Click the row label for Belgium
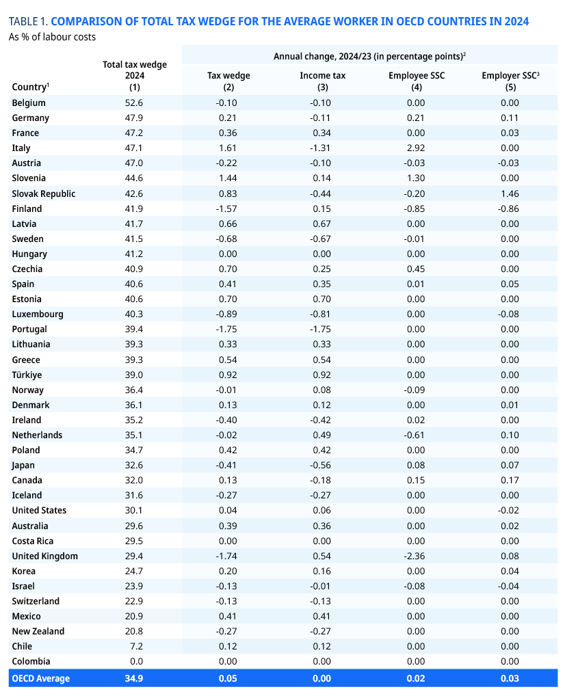[x=29, y=103]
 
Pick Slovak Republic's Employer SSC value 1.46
[x=510, y=193]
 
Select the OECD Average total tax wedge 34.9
[x=135, y=678]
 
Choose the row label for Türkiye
[x=27, y=375]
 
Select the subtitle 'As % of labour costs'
[x=52, y=36]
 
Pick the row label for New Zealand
[x=38, y=631]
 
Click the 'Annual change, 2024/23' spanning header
[x=369, y=56]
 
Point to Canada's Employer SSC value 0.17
[x=510, y=480]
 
